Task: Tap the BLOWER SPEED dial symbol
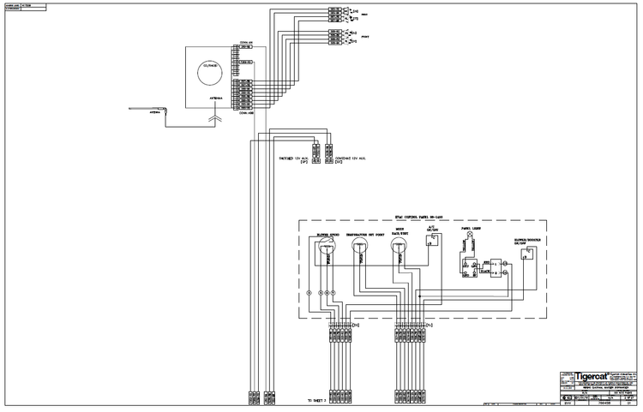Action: [325, 248]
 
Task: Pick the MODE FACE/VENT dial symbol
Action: [397, 248]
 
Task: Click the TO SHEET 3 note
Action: [318, 400]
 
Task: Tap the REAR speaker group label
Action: [364, 15]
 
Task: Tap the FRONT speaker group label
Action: [364, 37]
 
